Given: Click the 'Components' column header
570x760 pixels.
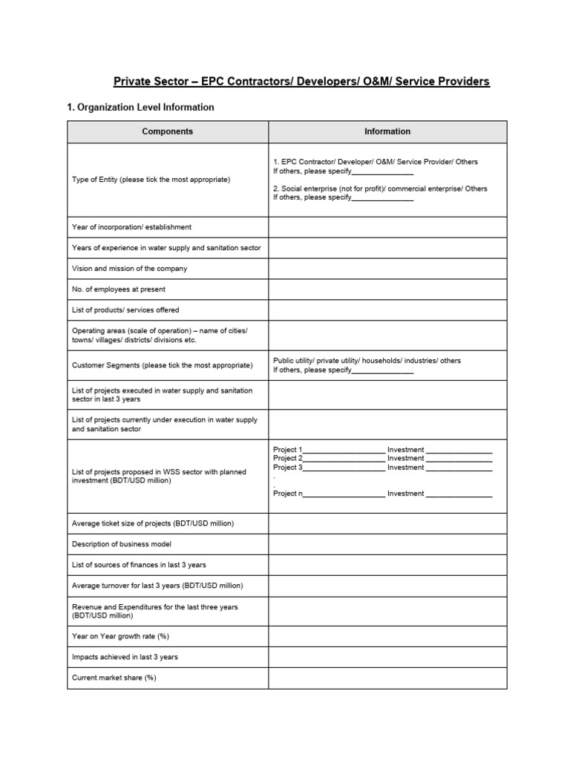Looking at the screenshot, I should coord(168,131).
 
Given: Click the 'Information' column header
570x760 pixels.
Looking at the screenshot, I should coord(387,131).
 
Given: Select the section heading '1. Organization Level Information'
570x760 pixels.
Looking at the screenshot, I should coord(140,108).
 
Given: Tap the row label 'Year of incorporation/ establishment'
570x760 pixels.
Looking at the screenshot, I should coord(131,227).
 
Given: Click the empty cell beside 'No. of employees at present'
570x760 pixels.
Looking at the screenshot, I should coord(387,289).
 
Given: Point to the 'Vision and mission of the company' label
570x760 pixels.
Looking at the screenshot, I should coord(129,269).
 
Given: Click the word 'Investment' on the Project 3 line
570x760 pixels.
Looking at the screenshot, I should coord(405,468).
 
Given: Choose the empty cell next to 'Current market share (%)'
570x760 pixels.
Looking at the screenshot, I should coord(387,678).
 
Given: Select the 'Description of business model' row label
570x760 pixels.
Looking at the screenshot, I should coord(122,544).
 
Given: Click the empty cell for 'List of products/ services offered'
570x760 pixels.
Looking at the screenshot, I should coord(387,310).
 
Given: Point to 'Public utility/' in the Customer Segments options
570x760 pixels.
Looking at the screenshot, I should coord(294,361).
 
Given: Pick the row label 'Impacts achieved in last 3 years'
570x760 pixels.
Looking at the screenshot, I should coord(125,657).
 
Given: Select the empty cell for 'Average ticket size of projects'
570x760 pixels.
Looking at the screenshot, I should coord(387,523).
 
